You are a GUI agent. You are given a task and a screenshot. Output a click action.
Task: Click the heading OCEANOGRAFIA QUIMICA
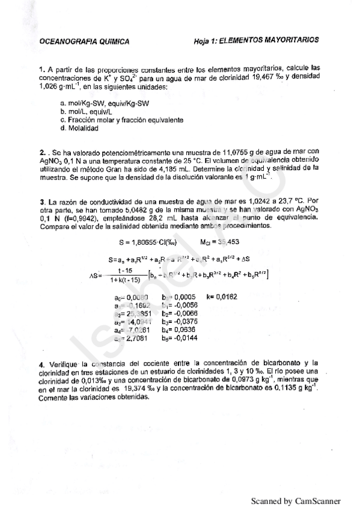[x=83, y=41]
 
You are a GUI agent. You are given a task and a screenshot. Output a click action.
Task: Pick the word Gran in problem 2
[x=124, y=170]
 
